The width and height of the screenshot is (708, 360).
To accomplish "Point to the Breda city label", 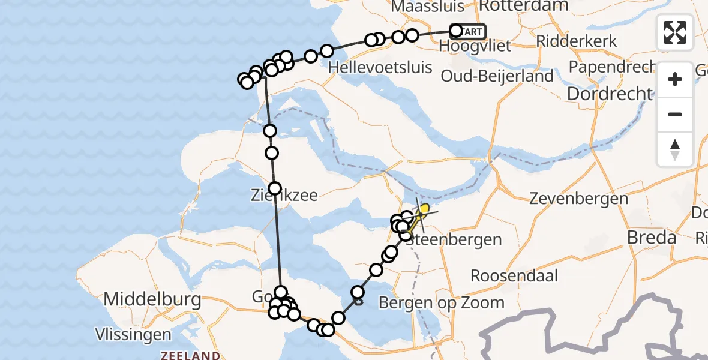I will click(652, 238).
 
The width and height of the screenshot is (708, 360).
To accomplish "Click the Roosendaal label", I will click(514, 276).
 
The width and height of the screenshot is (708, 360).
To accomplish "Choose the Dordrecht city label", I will click(610, 94).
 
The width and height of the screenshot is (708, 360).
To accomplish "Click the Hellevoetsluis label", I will click(380, 67).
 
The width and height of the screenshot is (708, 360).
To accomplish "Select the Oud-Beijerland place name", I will click(497, 76).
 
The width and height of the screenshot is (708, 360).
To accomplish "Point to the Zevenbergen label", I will click(570, 199).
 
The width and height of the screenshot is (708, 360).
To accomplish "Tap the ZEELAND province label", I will click(190, 355).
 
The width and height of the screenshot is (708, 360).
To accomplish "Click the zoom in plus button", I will click(675, 79).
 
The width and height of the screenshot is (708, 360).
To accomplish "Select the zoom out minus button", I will click(675, 114).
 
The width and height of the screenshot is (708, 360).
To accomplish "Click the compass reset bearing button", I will click(675, 149).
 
